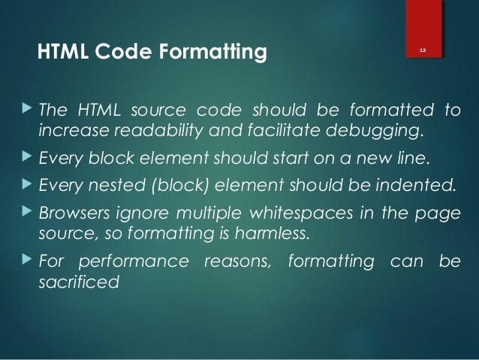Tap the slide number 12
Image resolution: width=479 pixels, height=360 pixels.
423,50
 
